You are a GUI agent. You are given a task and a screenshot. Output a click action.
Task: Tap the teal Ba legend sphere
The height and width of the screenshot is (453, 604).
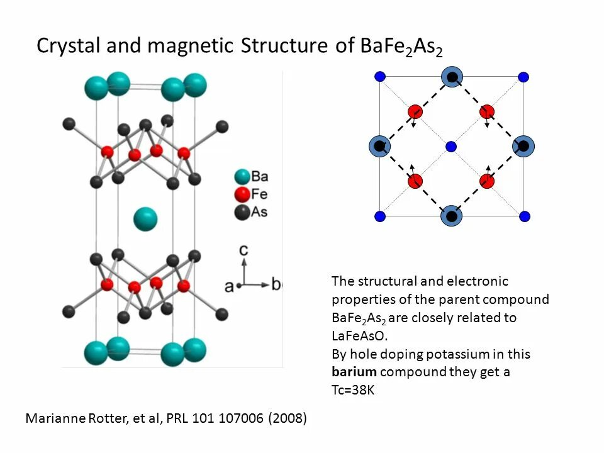(x=241, y=177)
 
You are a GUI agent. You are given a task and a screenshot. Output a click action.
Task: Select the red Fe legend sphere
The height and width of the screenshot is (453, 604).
(x=241, y=194)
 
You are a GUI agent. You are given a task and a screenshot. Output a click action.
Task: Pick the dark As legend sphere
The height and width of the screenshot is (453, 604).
(x=241, y=212)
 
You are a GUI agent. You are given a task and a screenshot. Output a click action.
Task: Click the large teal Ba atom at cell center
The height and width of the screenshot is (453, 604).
(x=145, y=219)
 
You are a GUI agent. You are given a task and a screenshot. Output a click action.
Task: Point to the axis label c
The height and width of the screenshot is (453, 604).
(x=244, y=250)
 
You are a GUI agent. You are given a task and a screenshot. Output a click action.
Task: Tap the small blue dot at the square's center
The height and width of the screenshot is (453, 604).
(x=451, y=147)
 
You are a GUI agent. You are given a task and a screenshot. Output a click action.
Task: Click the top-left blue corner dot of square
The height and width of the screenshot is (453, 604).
(x=379, y=77)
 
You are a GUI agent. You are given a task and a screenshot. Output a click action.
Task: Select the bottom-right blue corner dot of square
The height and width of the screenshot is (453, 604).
(x=524, y=216)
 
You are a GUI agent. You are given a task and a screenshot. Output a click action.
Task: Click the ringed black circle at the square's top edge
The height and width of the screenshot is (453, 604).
(x=452, y=77)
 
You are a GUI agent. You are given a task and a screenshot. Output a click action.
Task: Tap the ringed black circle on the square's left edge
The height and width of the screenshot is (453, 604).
(x=379, y=146)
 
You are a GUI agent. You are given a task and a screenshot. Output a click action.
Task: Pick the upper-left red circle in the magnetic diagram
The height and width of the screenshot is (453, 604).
(x=415, y=112)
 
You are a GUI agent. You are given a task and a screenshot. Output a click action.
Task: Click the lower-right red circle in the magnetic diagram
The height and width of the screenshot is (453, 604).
(x=487, y=182)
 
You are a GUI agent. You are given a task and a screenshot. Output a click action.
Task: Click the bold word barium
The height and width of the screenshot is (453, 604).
(x=354, y=372)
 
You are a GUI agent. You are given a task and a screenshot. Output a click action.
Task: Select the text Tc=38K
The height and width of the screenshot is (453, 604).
(x=353, y=389)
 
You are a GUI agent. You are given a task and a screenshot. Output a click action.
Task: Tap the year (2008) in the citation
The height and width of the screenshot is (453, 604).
(x=288, y=418)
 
